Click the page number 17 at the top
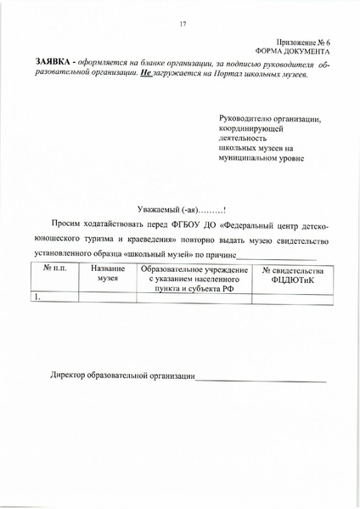pyautogui.click(x=183, y=24)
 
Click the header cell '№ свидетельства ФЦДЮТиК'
pyautogui.click(x=296, y=274)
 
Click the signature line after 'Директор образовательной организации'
pyautogui.click(x=260, y=379)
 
